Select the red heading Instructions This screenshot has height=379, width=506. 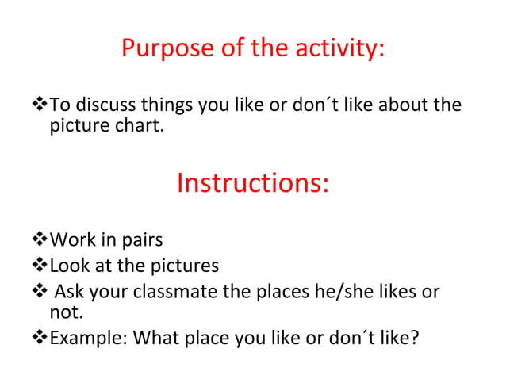coord(252,183)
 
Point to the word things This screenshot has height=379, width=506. coord(168,105)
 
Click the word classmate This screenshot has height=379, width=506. coord(175,292)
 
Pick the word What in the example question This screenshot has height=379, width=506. coord(155,339)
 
